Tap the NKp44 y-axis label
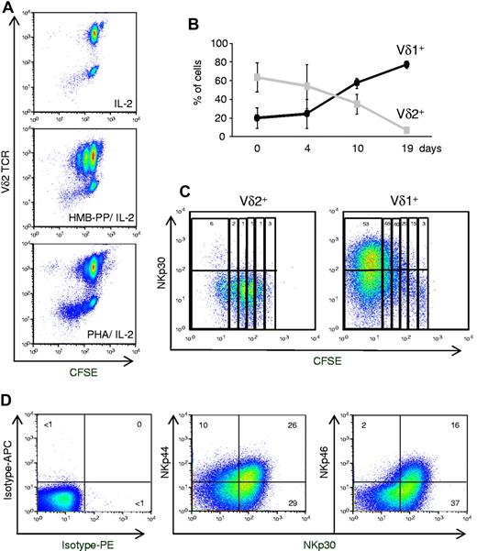[x=183, y=438]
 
